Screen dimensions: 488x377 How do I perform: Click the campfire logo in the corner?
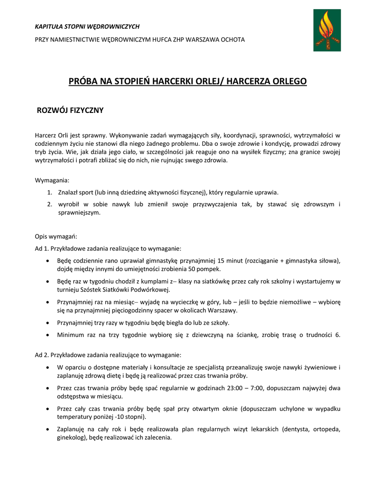point(327,30)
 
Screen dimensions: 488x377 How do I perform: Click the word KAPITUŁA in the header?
point(50,27)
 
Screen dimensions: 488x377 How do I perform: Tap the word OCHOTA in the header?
point(234,40)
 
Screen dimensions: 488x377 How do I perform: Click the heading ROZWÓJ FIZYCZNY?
point(71,111)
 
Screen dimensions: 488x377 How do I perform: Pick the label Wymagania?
point(52,180)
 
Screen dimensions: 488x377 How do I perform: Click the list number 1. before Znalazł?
point(50,193)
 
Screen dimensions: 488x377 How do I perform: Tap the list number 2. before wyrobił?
point(50,204)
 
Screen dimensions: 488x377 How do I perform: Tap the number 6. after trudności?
point(337,335)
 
